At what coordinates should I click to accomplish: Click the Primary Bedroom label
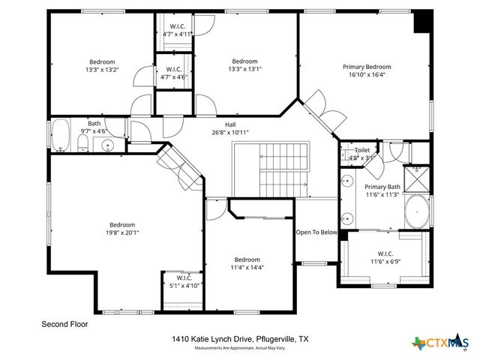point(367,67)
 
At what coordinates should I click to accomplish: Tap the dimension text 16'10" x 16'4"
point(367,75)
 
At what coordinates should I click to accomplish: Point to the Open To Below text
point(316,232)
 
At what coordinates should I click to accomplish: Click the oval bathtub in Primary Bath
point(417,212)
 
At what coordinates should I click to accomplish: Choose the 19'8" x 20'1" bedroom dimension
point(122,232)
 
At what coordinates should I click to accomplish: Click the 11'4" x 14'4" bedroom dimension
point(247,268)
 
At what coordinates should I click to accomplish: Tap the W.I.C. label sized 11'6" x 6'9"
point(385,253)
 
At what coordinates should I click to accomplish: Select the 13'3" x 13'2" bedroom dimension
point(102,69)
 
